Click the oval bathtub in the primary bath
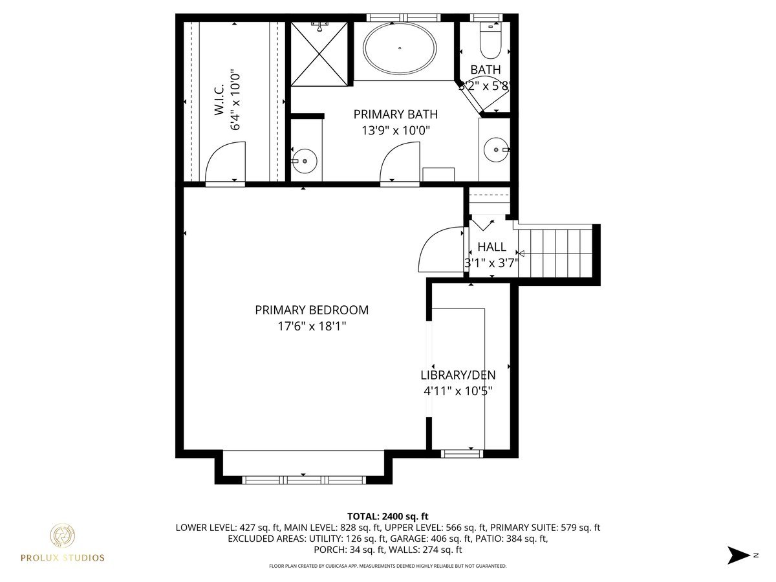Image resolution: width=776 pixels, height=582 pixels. tap(400, 48)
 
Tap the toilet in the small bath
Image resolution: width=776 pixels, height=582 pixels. tap(490, 41)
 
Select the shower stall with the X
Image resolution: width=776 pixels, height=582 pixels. tap(319, 54)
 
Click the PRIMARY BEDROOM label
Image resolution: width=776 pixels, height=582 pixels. tap(312, 310)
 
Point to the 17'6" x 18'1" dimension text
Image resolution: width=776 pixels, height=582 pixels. tap(312, 326)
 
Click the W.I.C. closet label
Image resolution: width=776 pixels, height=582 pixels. tap(219, 100)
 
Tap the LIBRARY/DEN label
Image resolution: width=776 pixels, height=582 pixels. tap(458, 375)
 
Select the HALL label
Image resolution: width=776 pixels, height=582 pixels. tap(491, 246)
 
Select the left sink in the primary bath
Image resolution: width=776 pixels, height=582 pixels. tap(305, 161)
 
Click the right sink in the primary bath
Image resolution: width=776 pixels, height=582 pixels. tap(496, 150)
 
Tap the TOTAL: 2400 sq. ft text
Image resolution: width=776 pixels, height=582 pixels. tap(388, 516)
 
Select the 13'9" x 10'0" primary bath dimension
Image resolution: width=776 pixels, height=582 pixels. tap(396, 131)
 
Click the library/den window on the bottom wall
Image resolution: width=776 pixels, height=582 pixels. tap(462, 453)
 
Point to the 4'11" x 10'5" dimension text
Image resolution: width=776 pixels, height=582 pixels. tap(458, 391)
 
